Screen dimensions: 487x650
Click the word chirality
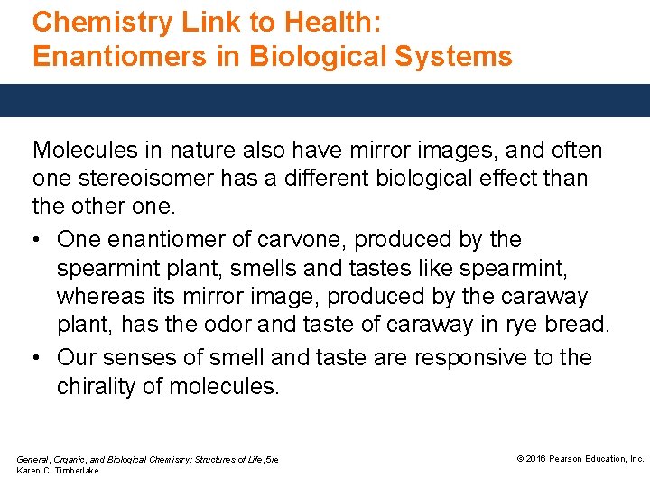tap(100, 386)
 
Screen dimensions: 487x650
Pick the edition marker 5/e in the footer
tap(271, 460)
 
